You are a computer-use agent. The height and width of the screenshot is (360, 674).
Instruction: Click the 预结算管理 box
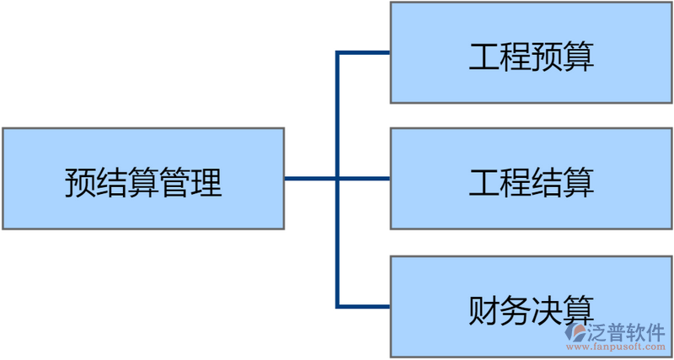click(142, 179)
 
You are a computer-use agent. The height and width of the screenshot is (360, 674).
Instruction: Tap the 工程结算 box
click(531, 179)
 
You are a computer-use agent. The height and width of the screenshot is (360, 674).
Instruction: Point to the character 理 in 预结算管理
click(206, 182)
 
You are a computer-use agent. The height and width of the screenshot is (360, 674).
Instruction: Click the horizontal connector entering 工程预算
click(364, 53)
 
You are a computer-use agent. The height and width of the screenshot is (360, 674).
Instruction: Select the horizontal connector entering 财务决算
click(364, 305)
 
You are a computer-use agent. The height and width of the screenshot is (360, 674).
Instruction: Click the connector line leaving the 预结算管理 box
click(309, 179)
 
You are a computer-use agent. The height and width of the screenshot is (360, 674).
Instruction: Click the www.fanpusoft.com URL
click(615, 347)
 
